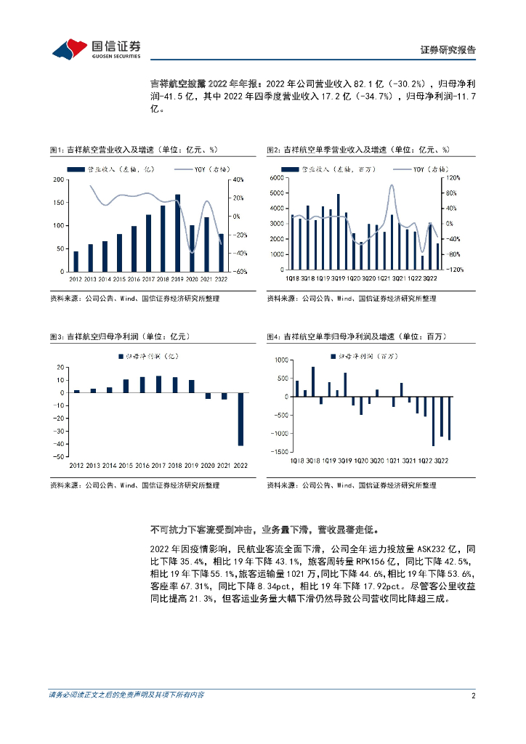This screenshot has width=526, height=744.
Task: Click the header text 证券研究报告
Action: point(448,50)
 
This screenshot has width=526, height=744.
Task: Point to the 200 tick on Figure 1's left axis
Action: point(57,179)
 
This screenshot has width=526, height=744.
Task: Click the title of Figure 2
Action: point(358,150)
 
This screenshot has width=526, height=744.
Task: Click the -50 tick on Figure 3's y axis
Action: point(59,457)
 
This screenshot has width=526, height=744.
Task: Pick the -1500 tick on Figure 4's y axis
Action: point(278,452)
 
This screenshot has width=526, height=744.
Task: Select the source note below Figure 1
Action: point(134,298)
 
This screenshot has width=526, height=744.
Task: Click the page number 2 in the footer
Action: point(473,696)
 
